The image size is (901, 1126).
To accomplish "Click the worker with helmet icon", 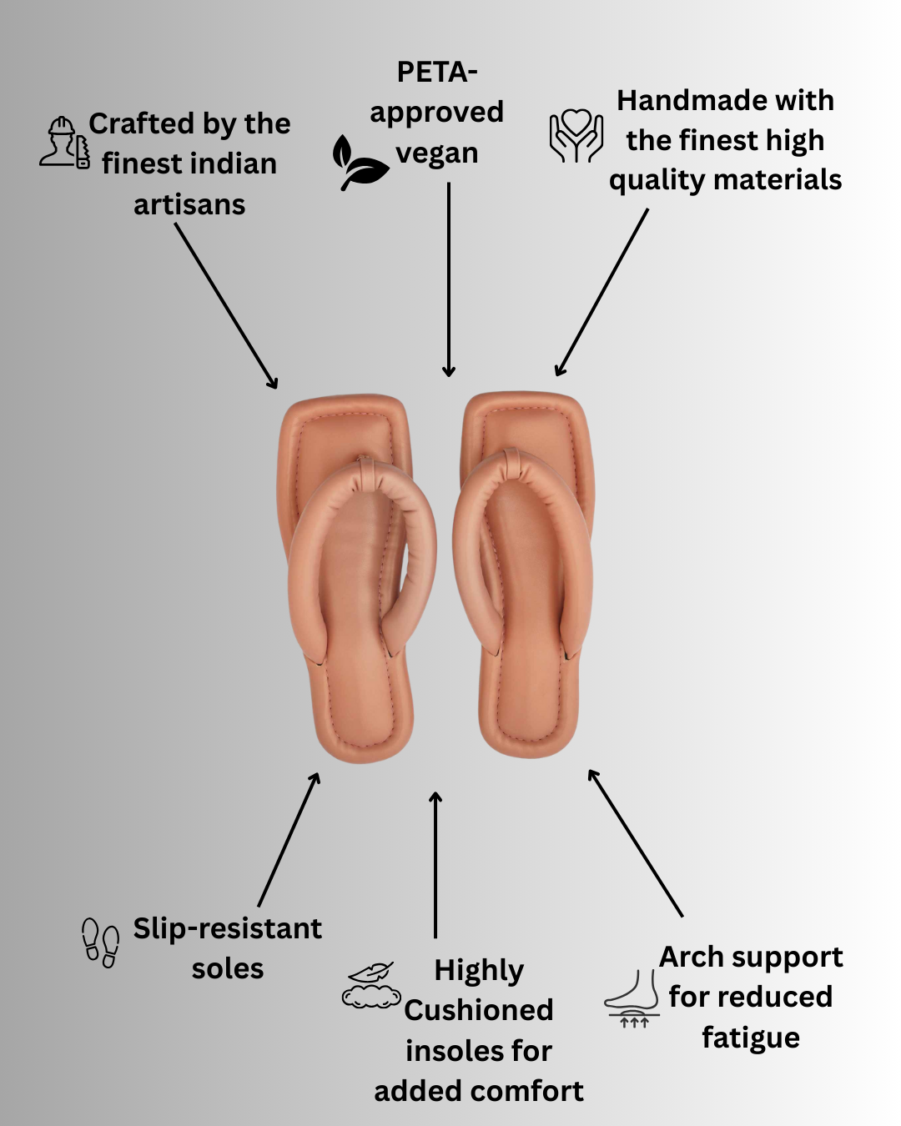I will [x=64, y=143].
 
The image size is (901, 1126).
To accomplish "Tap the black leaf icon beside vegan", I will [x=359, y=162].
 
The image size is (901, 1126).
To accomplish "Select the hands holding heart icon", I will [x=576, y=135].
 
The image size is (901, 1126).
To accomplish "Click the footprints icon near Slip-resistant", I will [x=100, y=943].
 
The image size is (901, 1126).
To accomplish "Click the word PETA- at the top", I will [x=437, y=73].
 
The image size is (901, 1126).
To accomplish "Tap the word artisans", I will [x=189, y=204].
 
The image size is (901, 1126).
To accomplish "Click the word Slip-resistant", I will [x=227, y=928].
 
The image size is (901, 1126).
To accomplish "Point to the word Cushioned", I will [x=478, y=1010].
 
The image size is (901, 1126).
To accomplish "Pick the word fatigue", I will [x=751, y=1038].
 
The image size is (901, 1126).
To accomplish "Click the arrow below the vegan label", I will [x=449, y=279].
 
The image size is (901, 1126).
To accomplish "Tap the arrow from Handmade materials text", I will [x=602, y=292].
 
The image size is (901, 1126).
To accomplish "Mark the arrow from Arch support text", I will [x=636, y=843].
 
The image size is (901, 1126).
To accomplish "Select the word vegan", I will [x=437, y=153].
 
